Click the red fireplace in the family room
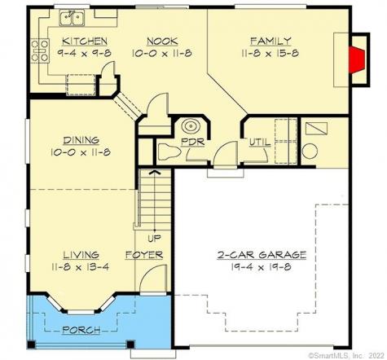[x=355, y=58]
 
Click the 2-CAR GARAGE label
[x=262, y=255]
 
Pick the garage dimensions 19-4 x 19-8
[x=262, y=266]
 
